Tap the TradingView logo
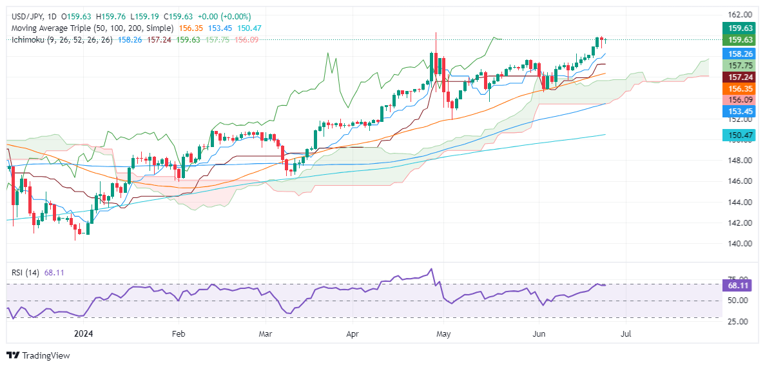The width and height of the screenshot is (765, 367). point(38,355)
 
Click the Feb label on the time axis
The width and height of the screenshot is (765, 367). point(179,334)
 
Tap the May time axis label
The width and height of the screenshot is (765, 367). point(443,334)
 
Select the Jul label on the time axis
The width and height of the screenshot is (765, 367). point(625,334)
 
